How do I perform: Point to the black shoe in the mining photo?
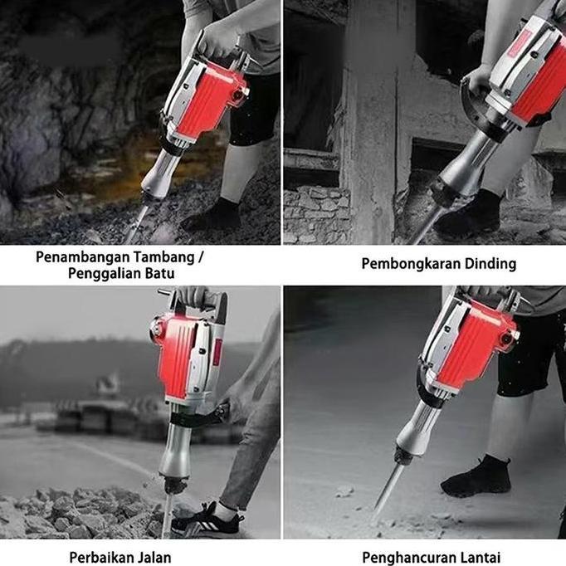click(215, 217)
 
